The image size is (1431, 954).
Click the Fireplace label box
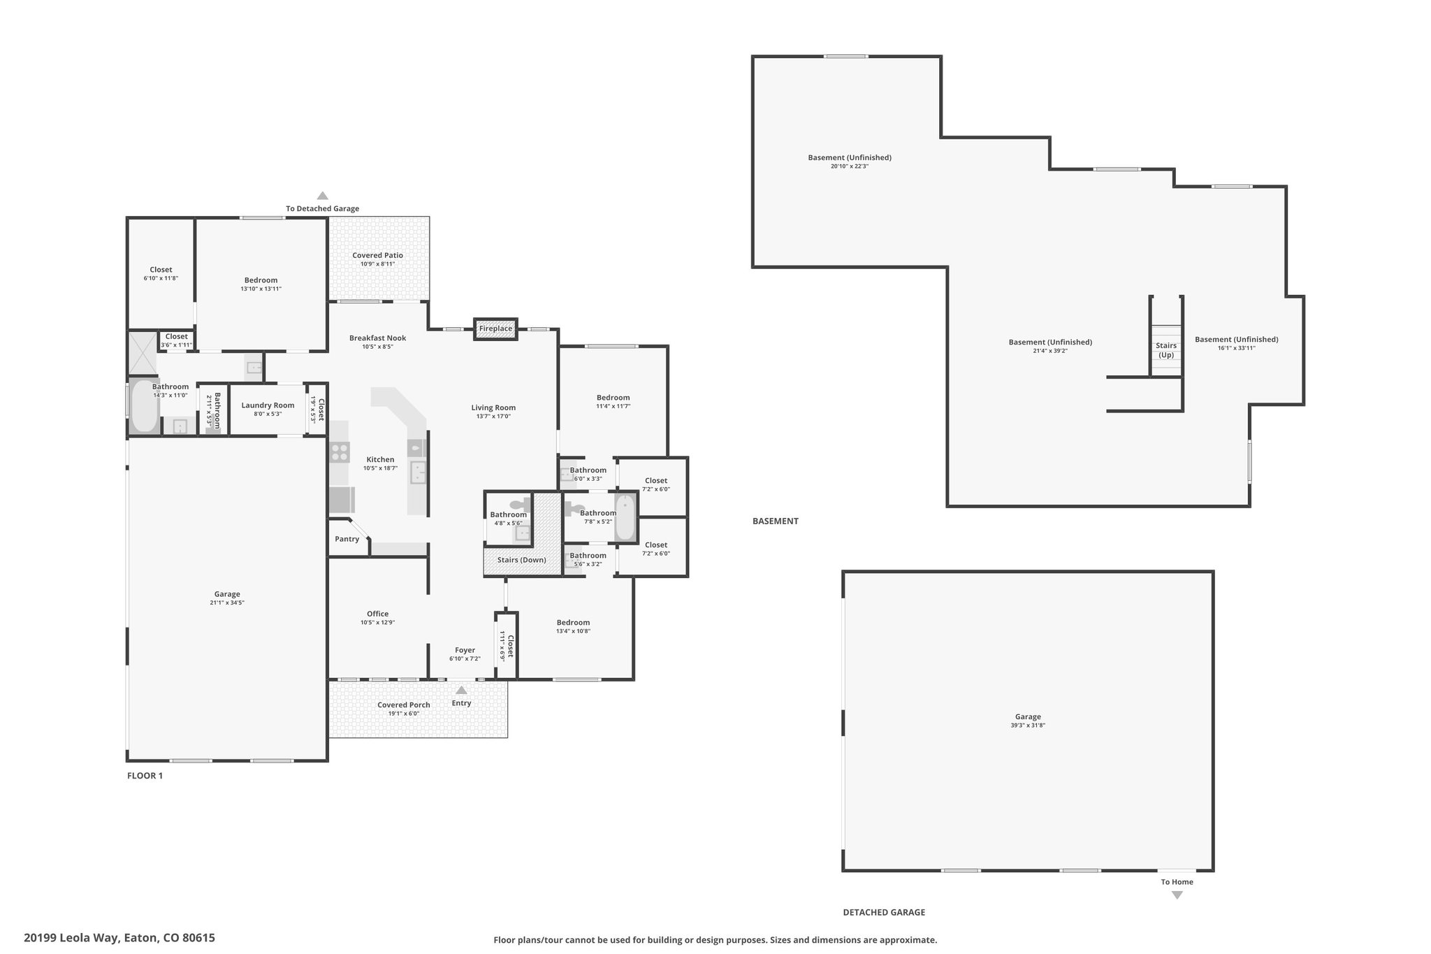pyautogui.click(x=495, y=328)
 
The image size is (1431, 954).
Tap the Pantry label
pyautogui.click(x=347, y=539)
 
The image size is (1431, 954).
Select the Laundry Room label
pyautogui.click(x=268, y=405)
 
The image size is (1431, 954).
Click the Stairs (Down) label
pyautogui.click(x=522, y=560)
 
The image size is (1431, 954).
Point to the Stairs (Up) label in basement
pyautogui.click(x=1166, y=350)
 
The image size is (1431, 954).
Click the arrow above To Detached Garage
pyautogui.click(x=322, y=196)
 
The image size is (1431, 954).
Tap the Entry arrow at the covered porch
pyautogui.click(x=461, y=690)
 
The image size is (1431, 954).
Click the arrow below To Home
pyautogui.click(x=1177, y=895)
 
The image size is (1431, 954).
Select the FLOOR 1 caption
pyautogui.click(x=145, y=775)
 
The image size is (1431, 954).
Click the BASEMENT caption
pyautogui.click(x=776, y=521)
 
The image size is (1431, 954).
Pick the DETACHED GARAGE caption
pyautogui.click(x=884, y=912)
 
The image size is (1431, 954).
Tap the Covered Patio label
pyautogui.click(x=377, y=255)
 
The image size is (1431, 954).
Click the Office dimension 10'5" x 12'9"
pyautogui.click(x=378, y=623)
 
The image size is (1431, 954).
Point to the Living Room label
pyautogui.click(x=493, y=407)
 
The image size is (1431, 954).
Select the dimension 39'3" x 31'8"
pyautogui.click(x=1028, y=725)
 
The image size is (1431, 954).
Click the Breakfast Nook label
pyautogui.click(x=378, y=338)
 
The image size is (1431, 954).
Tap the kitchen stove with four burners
pyautogui.click(x=340, y=452)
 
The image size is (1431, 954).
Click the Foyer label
pyautogui.click(x=465, y=650)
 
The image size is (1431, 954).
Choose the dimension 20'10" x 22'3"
pyautogui.click(x=850, y=166)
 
